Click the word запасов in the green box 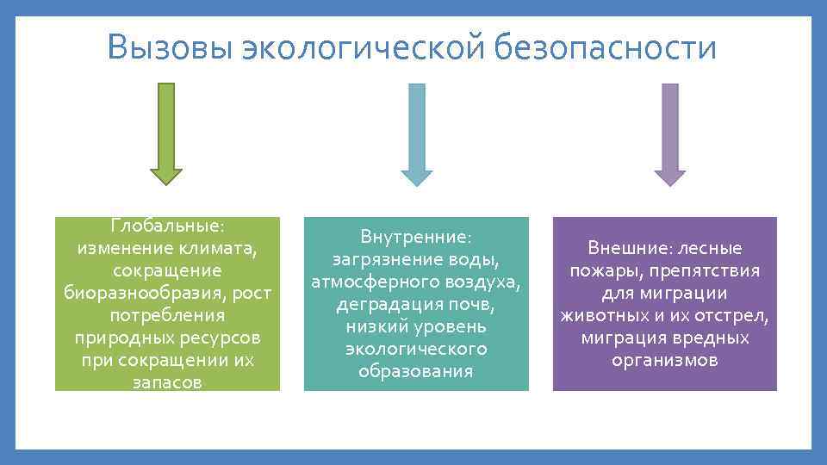point(168,382)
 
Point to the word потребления point(168,315)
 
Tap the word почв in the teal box point(475,304)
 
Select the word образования point(416,371)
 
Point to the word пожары point(604,271)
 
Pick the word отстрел point(732,316)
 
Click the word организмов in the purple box point(664,361)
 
